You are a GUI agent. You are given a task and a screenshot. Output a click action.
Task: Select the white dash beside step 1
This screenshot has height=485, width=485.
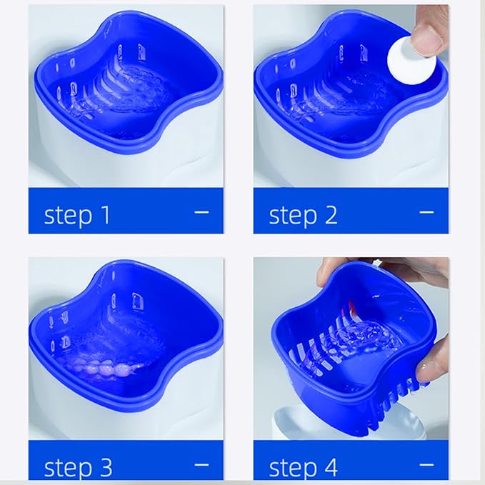(201, 211)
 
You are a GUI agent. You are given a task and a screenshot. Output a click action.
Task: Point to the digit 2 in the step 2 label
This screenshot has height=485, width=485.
(330, 214)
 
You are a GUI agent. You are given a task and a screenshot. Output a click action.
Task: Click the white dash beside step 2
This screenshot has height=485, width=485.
(426, 211)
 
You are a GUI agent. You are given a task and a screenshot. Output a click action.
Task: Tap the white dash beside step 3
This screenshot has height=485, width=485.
(201, 464)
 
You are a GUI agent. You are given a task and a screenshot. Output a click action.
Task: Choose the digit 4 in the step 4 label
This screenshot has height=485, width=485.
(330, 467)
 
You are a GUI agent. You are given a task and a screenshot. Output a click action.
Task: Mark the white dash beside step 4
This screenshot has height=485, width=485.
(426, 464)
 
